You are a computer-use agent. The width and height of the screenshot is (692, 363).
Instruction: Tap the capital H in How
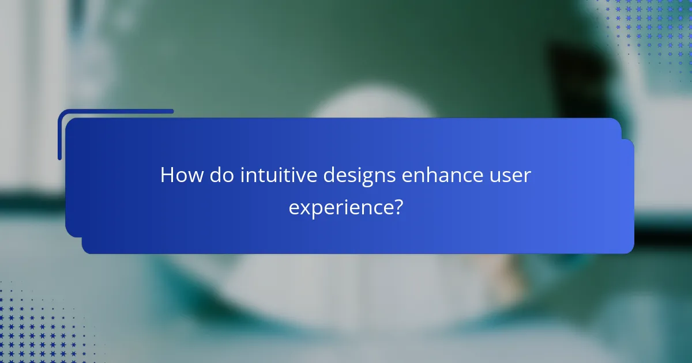click(167, 175)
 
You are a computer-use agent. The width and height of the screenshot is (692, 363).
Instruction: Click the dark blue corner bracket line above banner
click(115, 112)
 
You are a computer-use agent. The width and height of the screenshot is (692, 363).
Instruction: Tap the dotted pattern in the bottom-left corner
click(29, 328)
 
